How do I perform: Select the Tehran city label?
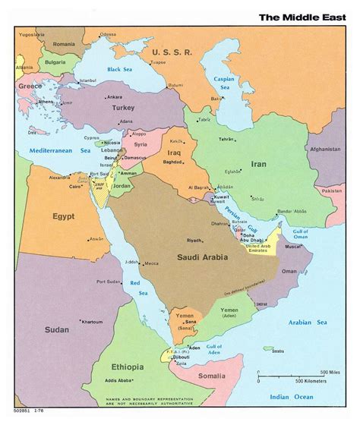pyautogui.click(x=226, y=140)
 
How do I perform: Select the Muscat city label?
pyautogui.click(x=294, y=246)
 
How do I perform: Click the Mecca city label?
pyautogui.click(x=151, y=264)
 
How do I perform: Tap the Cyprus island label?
pyautogui.click(x=91, y=138)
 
